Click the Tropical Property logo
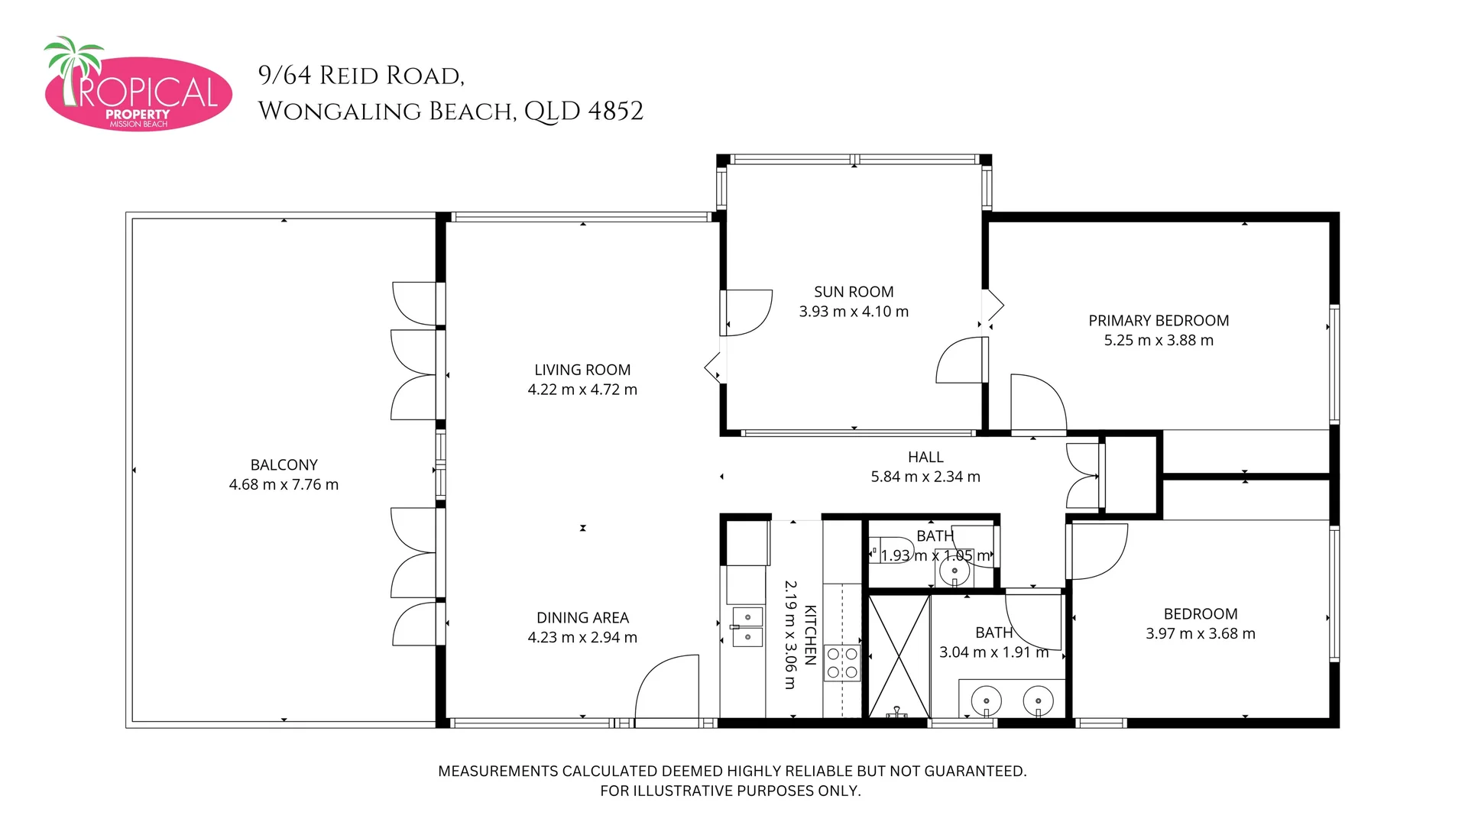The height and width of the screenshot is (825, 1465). click(138, 84)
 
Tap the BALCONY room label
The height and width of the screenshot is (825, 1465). click(284, 464)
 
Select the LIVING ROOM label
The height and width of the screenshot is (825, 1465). click(582, 370)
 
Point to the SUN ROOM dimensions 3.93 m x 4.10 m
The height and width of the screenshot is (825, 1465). click(854, 312)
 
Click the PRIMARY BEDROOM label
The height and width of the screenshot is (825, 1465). click(1159, 321)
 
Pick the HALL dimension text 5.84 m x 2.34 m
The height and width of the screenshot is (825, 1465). click(925, 477)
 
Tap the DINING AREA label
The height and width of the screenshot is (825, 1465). click(582, 617)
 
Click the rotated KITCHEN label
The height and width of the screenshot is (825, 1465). click(811, 635)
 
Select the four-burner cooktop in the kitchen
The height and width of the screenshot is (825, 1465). click(842, 663)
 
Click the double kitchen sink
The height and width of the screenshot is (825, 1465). click(747, 626)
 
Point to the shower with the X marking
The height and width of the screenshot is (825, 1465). click(899, 656)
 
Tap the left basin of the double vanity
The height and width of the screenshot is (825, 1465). click(987, 700)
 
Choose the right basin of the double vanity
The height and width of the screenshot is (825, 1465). click(1038, 700)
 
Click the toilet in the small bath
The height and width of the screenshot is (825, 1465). click(892, 549)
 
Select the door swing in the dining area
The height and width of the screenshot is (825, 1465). click(666, 686)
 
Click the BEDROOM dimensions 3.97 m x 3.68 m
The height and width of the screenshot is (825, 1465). click(1200, 633)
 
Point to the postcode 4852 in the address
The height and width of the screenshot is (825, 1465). click(615, 111)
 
